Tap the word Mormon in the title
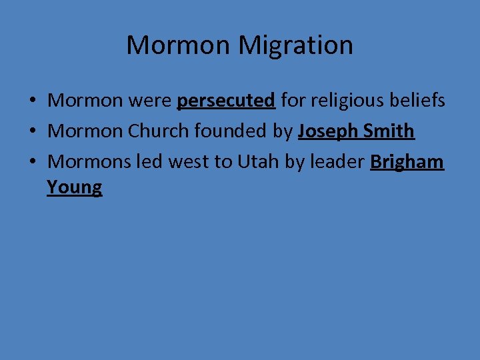(x=179, y=45)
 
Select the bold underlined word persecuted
(x=226, y=101)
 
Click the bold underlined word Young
(x=75, y=187)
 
